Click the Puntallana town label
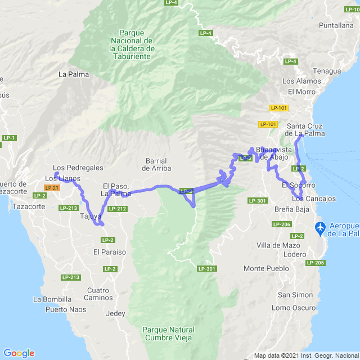pos(336,25)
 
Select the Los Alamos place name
pos(304,81)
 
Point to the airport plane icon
pos(321,228)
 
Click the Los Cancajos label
pos(314,199)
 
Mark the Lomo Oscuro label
pos(294,308)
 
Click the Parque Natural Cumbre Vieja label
pos(168,334)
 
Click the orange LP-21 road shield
pos(52,188)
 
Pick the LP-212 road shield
pos(117,209)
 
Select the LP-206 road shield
pos(282,224)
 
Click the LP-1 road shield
pos(9,138)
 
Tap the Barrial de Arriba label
pos(156,164)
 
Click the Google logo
pos(19,353)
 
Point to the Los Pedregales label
pos(78,168)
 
